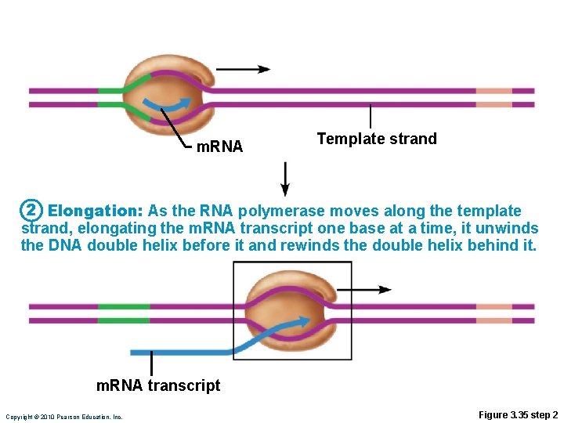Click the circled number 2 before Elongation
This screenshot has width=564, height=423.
pyautogui.click(x=30, y=211)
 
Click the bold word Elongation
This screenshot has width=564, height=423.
pyautogui.click(x=94, y=211)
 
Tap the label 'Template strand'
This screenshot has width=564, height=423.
pyautogui.click(x=377, y=139)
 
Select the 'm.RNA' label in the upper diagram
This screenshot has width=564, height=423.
pyautogui.click(x=219, y=146)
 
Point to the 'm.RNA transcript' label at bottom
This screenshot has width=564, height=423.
pyautogui.click(x=158, y=385)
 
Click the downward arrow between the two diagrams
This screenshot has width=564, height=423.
pyautogui.click(x=285, y=179)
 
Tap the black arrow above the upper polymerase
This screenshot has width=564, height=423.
pyautogui.click(x=243, y=69)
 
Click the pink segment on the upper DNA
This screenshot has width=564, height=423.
pyautogui.click(x=494, y=96)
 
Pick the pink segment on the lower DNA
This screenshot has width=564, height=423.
pyautogui.click(x=494, y=313)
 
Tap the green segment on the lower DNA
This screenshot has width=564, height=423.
pyautogui.click(x=124, y=313)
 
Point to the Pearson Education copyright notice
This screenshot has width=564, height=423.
pyautogui.click(x=63, y=417)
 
